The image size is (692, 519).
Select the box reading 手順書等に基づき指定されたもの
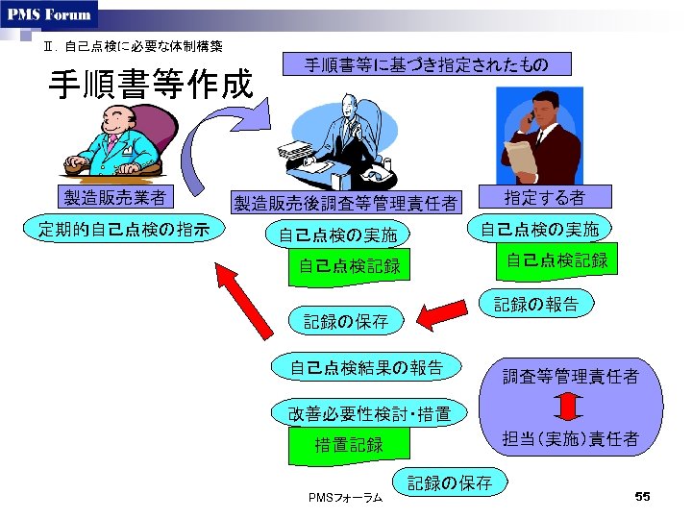tap(426, 64)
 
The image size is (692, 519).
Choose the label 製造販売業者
tap(113, 198)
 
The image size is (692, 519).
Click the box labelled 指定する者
tap(545, 197)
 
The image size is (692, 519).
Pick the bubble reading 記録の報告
tap(536, 305)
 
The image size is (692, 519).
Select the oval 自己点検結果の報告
tap(366, 366)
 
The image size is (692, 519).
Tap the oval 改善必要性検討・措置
tap(369, 414)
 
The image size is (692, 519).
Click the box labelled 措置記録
tap(349, 445)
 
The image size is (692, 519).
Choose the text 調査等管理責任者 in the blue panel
tap(571, 377)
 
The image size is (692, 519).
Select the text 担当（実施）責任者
tap(571, 439)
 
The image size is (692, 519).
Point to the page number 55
tap(643, 496)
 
